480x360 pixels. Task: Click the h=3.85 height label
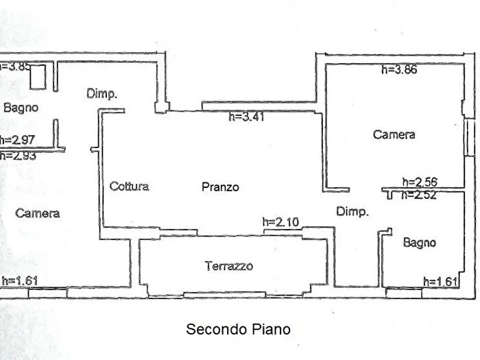15,67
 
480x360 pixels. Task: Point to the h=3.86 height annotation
399,69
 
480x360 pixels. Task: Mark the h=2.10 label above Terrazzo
280,221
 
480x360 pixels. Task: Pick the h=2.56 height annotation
420,182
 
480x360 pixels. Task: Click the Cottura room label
129,186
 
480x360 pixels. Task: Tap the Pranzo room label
220,187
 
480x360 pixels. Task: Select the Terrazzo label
229,266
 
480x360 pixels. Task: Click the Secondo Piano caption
238,329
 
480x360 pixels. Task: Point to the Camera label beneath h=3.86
394,135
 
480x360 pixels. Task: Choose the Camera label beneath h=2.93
38,213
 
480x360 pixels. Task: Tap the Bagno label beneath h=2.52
419,242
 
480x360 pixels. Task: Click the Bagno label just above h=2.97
21,108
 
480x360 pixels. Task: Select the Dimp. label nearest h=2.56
352,212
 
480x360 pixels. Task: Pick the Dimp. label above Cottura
102,94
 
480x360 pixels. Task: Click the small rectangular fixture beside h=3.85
38,76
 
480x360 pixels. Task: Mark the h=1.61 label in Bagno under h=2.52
440,280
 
